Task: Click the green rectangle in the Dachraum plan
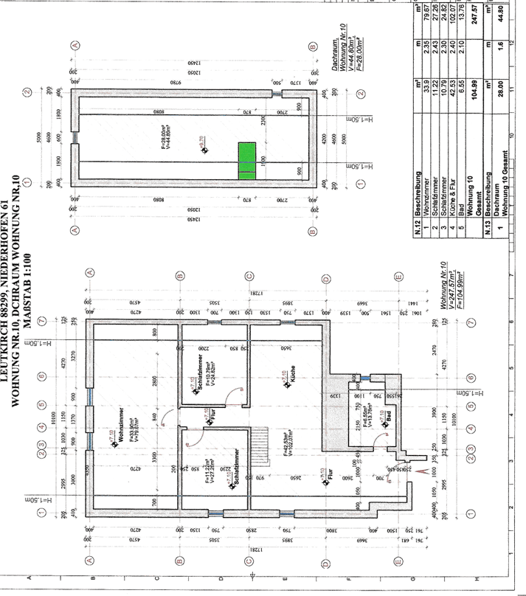[246, 158]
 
